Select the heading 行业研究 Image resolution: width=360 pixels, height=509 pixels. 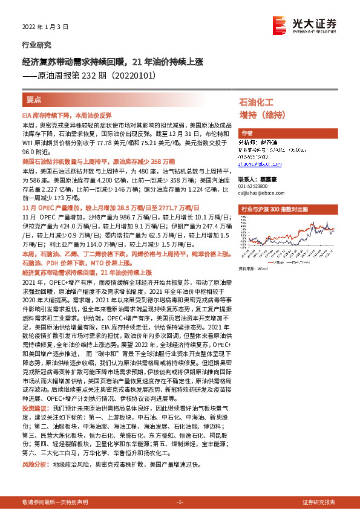coord(36,45)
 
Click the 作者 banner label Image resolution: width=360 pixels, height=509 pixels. coord(247,134)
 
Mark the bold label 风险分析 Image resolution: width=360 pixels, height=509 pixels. coord(34,448)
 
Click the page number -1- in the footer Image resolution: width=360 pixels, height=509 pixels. coord(180,502)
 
